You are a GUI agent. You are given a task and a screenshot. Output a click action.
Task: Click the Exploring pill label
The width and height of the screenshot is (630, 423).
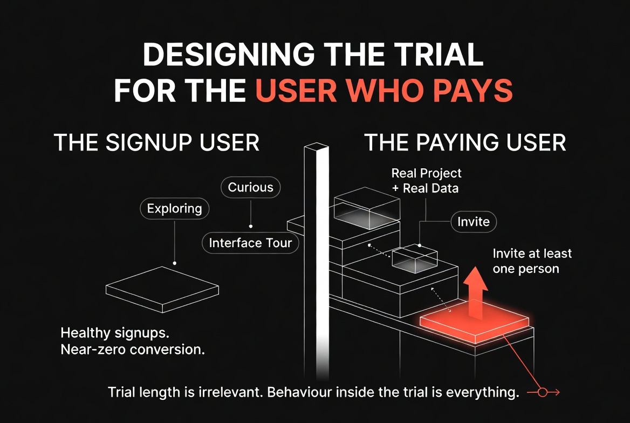174,208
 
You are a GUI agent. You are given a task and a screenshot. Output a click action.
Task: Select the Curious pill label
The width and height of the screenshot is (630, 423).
250,187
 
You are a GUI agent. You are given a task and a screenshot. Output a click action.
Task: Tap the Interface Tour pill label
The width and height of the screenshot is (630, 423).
250,242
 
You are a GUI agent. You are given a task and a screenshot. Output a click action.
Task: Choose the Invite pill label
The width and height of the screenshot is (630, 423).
473,222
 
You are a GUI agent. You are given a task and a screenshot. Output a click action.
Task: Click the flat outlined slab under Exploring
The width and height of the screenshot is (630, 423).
162,290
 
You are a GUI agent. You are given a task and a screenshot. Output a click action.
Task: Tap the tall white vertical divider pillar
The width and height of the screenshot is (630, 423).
317,261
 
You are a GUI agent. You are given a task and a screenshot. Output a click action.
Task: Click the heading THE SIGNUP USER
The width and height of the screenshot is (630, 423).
156,143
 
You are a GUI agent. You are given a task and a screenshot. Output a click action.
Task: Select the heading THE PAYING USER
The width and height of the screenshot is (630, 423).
465,143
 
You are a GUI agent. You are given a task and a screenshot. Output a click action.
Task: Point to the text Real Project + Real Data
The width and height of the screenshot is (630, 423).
426,181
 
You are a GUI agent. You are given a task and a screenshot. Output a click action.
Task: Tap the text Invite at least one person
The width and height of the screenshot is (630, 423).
532,261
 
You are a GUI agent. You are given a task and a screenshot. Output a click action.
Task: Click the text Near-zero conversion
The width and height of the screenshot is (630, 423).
133,350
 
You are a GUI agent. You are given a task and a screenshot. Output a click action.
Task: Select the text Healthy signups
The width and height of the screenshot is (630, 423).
115,333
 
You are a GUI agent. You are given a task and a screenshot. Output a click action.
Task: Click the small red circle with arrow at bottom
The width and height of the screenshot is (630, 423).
543,392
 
